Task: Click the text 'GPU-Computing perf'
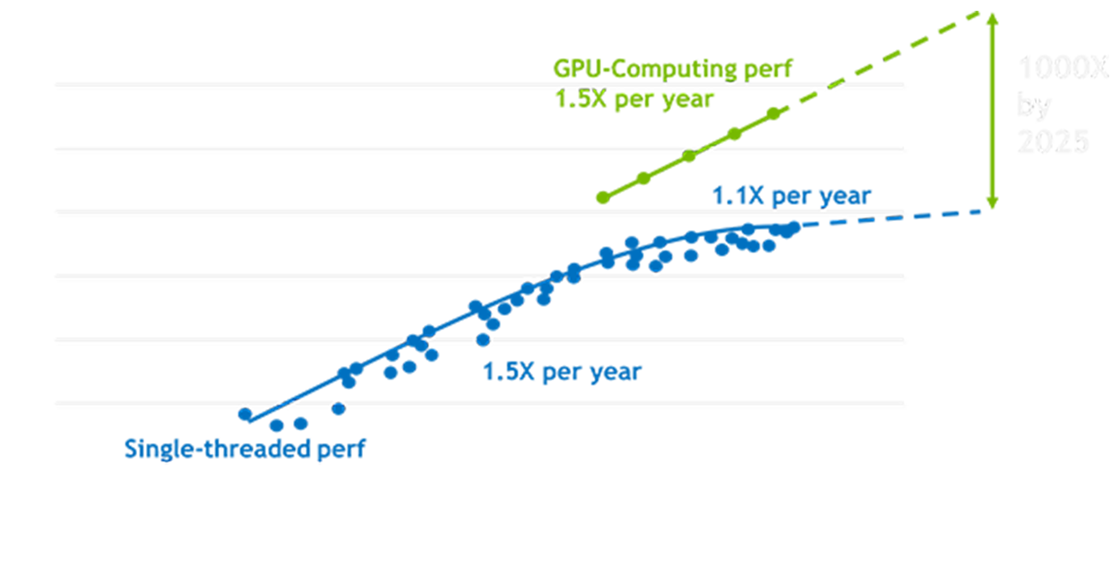click(673, 69)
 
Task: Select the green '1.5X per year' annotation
click(634, 98)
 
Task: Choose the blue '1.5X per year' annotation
click(562, 371)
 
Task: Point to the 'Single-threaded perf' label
click(245, 448)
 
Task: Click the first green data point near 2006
click(603, 197)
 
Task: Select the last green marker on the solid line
click(774, 113)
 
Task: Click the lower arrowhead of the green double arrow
click(991, 201)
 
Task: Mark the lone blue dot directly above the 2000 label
click(483, 339)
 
